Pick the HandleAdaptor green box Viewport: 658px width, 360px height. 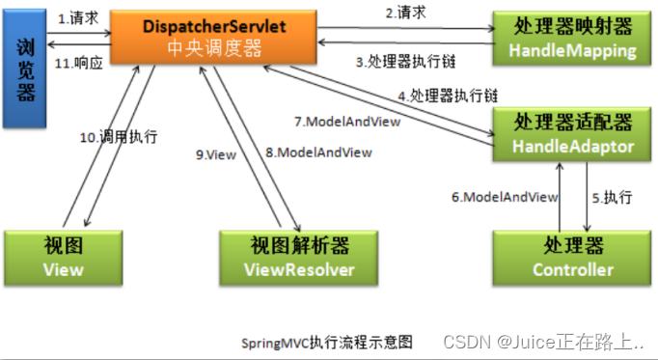click(x=563, y=134)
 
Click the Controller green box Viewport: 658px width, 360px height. click(x=563, y=258)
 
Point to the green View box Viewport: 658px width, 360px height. click(x=64, y=258)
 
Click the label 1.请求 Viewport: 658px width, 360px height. click(x=77, y=18)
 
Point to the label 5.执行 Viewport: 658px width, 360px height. click(x=612, y=197)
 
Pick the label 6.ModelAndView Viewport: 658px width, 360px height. click(x=504, y=197)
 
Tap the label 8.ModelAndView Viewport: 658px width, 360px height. click(x=319, y=152)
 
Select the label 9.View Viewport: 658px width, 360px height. click(x=215, y=152)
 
